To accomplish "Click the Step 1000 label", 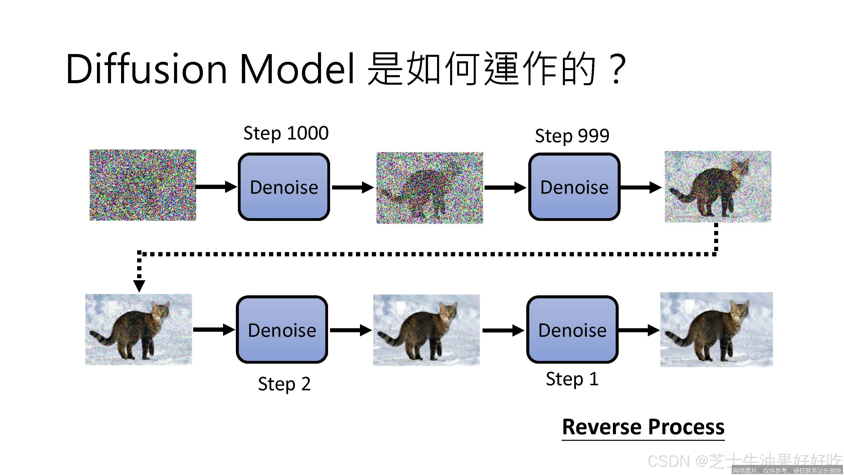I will (x=286, y=133).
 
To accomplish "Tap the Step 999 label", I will (x=572, y=136).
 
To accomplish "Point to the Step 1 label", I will (x=572, y=379).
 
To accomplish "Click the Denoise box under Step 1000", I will (x=284, y=187).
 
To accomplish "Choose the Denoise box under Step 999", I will (x=574, y=187).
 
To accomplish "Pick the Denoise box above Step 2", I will (x=282, y=330).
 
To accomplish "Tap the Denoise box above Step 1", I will (x=572, y=330).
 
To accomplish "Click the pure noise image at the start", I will (x=143, y=185).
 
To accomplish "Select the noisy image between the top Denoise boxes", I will (x=430, y=187).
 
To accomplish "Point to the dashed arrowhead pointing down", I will (x=139, y=285).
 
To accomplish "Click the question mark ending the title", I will (x=616, y=70).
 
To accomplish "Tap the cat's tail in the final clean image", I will (x=680, y=341).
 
